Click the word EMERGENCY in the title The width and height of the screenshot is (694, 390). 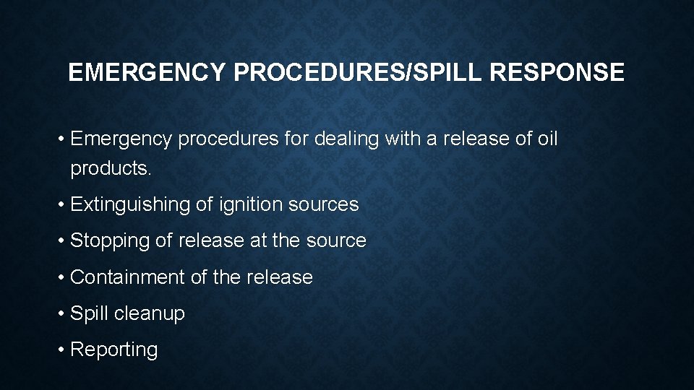148,72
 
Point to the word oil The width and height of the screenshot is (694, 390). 548,139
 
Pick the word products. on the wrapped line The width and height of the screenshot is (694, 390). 111,169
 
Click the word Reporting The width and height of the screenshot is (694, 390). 114,350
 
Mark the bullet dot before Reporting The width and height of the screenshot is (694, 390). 62,350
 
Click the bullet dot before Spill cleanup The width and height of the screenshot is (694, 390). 62,313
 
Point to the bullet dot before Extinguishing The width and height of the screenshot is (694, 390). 62,205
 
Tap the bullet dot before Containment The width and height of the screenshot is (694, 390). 62,277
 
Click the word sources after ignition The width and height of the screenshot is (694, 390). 324,205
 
